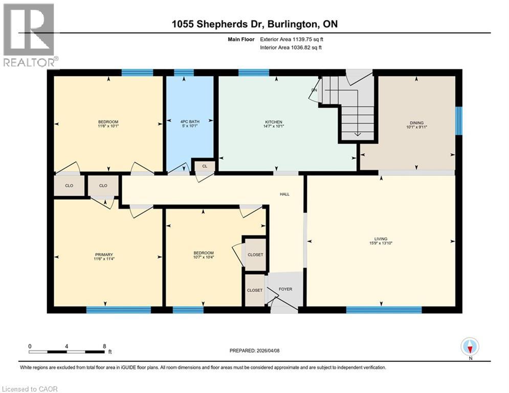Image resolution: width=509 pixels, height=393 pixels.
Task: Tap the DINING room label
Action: [416, 122]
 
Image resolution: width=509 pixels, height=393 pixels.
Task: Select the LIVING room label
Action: [380, 238]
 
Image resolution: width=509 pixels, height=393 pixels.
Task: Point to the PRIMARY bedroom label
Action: [103, 254]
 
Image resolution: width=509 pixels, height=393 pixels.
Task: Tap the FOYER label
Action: [285, 289]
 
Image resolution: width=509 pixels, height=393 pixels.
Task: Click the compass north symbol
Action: [470, 347]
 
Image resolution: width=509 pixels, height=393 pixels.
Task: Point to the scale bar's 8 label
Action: [104, 346]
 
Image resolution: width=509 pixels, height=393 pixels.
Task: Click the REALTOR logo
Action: [29, 35]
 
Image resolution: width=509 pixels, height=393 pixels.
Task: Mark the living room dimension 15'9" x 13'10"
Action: [380, 244]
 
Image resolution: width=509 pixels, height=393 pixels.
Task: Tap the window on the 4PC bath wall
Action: [184, 72]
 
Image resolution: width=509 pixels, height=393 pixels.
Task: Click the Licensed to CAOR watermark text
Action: [29, 389]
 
